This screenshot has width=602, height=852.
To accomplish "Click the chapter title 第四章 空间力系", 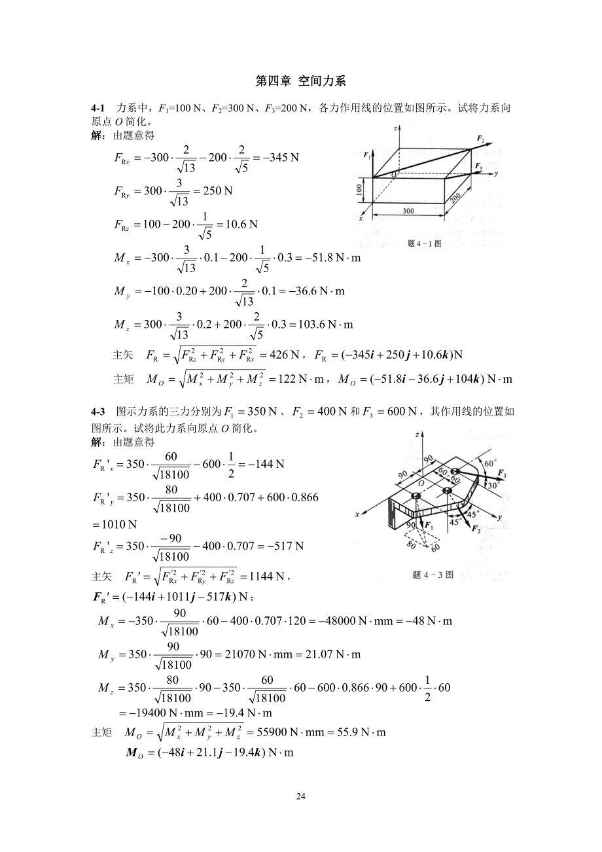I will click(x=300, y=82).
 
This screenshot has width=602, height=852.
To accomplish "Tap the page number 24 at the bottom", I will click(x=301, y=796).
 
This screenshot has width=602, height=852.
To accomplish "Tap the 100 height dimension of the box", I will click(x=359, y=190).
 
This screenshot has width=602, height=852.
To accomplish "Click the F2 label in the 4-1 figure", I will click(x=481, y=139).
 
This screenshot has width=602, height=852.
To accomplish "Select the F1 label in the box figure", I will click(x=367, y=155).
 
